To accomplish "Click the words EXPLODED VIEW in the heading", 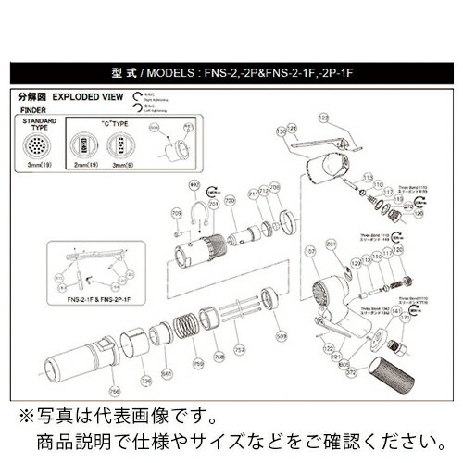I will point(91,94).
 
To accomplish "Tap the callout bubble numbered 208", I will point(276,189).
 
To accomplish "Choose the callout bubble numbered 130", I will point(281,134).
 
